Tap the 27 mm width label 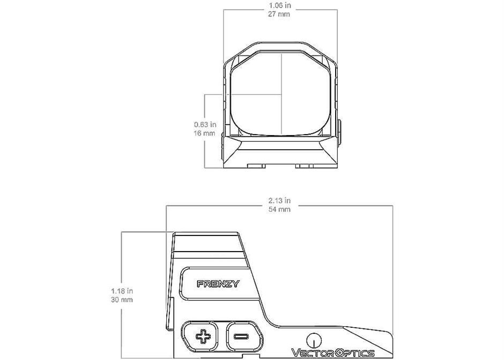[x=279, y=14]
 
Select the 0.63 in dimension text [x=205, y=124]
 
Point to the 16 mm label [x=204, y=133]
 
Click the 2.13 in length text [x=279, y=201]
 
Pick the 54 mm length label [x=279, y=209]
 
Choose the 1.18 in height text [x=122, y=291]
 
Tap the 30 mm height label [x=122, y=300]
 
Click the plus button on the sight [x=203, y=336]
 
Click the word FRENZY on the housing [x=218, y=284]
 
